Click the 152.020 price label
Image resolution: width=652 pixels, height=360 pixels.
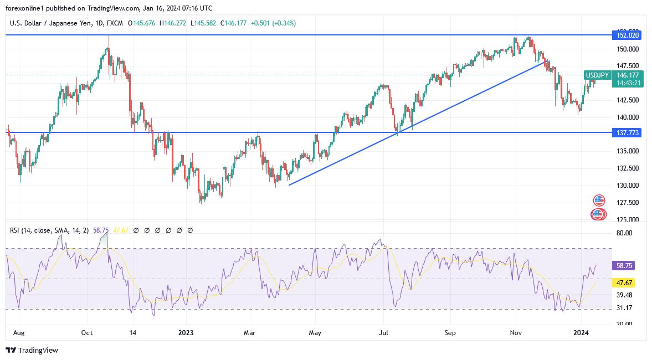click(x=626, y=35)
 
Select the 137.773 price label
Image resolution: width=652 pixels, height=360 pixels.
click(x=626, y=133)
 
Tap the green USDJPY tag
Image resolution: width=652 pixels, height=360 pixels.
click(x=597, y=75)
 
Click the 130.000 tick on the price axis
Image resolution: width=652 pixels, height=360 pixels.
click(x=623, y=186)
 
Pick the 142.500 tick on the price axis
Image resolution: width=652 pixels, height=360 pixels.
click(x=623, y=100)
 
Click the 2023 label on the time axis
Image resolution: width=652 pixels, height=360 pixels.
click(x=186, y=333)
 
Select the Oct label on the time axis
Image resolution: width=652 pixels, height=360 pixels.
click(x=87, y=333)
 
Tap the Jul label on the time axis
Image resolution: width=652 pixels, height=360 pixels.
click(x=382, y=333)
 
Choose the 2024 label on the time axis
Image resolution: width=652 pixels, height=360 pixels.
click(x=581, y=333)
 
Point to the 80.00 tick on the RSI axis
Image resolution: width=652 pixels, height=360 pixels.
click(x=624, y=233)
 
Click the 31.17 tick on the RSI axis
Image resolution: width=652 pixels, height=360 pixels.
click(x=624, y=308)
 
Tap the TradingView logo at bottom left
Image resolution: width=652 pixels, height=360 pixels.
click(x=32, y=350)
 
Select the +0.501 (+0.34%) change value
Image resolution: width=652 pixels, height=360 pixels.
click(x=273, y=23)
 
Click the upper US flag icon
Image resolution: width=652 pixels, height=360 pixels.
click(x=599, y=200)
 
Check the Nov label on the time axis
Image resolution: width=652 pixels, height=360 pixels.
click(x=516, y=333)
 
